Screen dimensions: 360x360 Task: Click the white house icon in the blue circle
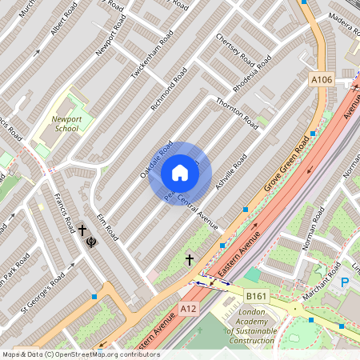[180, 173]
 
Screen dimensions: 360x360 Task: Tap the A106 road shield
[321, 80]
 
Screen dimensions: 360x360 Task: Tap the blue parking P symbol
[345, 282]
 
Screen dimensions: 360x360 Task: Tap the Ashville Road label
[226, 177]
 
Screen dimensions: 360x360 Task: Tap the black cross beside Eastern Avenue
[190, 259]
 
